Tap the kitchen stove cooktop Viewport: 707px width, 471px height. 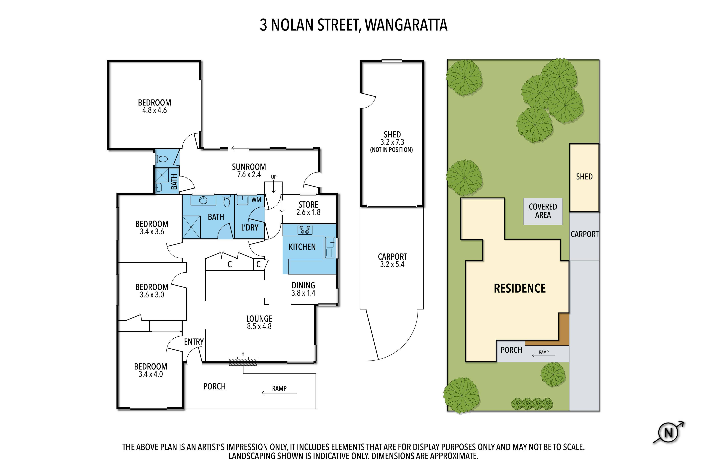305,230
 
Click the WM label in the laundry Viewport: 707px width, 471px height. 256,200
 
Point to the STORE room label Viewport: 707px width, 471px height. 308,205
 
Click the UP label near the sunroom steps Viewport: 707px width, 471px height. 274,177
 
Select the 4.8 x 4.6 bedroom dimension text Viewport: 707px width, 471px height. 154,110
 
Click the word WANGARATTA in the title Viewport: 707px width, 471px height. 406,25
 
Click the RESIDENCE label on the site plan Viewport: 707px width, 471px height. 520,288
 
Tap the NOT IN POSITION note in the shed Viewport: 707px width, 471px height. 391,150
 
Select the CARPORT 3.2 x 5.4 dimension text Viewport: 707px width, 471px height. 392,264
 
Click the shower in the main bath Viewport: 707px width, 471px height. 191,227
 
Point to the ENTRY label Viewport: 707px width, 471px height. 194,342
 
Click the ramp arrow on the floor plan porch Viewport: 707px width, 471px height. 279,393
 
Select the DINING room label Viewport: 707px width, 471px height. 303,285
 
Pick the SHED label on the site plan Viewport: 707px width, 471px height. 584,177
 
